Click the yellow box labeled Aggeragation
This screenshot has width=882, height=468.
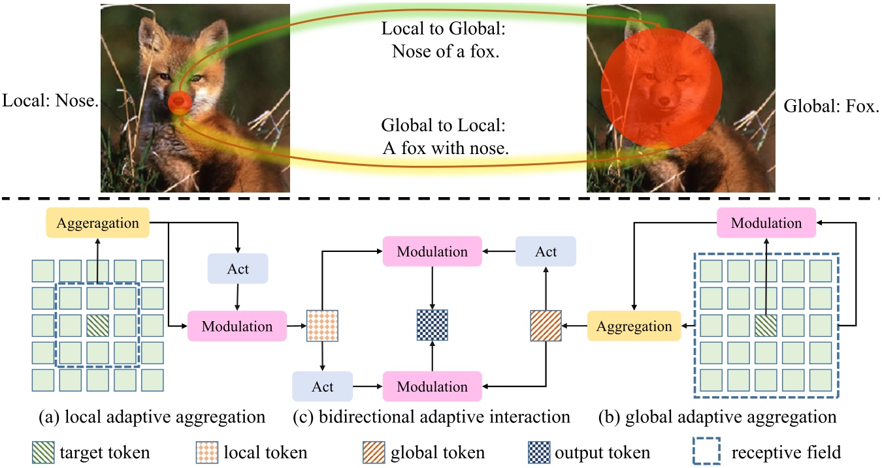[98, 223]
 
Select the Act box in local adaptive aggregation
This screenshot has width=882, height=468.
[238, 269]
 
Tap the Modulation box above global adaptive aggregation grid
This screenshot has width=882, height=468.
[766, 223]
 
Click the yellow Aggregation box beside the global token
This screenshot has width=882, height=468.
[634, 326]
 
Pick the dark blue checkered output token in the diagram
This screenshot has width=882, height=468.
[433, 325]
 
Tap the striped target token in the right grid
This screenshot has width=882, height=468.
[766, 326]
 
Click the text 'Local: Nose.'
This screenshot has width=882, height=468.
[50, 102]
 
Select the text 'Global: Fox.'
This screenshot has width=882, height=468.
[830, 106]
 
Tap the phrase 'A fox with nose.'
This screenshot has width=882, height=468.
[446, 148]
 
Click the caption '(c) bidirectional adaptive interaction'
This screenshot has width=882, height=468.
[431, 416]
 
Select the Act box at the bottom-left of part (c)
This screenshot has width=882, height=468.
[323, 386]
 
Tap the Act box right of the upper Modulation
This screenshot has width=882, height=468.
[546, 251]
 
